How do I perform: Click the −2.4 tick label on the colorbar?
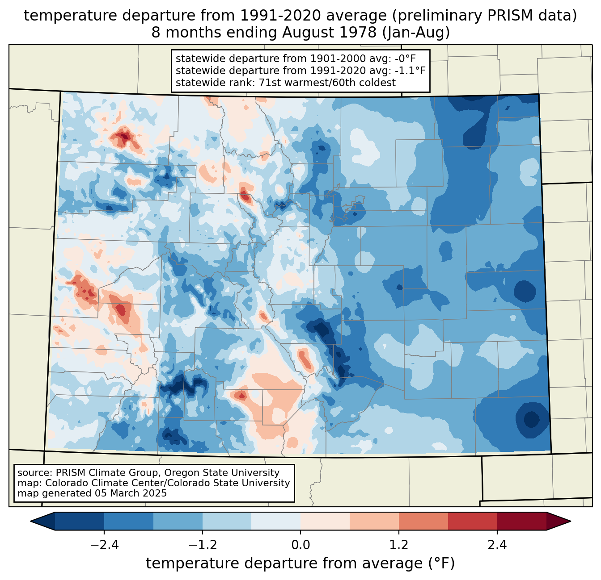click(x=104, y=545)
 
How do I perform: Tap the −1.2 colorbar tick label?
click(x=202, y=545)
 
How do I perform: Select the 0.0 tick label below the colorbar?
click(x=300, y=545)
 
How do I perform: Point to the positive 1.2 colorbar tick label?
click(x=399, y=545)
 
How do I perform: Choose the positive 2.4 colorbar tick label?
click(x=497, y=545)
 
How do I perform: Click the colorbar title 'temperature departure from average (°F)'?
click(x=300, y=563)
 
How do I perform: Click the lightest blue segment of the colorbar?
click(x=276, y=521)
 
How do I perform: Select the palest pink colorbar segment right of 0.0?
click(x=325, y=521)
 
